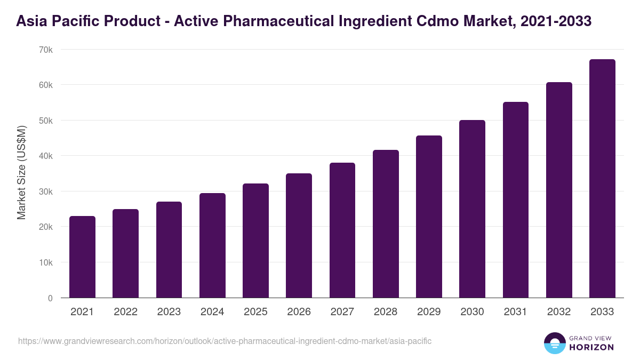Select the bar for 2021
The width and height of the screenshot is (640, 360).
coord(82,257)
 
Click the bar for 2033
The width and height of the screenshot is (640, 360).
coord(602,179)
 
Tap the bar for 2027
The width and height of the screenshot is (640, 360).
coord(342,230)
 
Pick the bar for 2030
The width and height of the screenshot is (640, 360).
coord(473,209)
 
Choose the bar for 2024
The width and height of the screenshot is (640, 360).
coord(212,245)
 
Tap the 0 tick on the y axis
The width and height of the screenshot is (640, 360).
coord(50,298)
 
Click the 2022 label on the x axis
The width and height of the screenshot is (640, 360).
coord(125,312)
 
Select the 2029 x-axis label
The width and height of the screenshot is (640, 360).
coord(429,312)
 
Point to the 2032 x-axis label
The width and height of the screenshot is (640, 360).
coord(559,312)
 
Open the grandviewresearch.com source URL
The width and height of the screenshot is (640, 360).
coord(225,341)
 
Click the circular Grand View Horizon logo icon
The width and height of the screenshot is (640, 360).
coord(554,343)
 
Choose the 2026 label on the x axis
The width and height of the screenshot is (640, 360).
coord(299,312)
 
